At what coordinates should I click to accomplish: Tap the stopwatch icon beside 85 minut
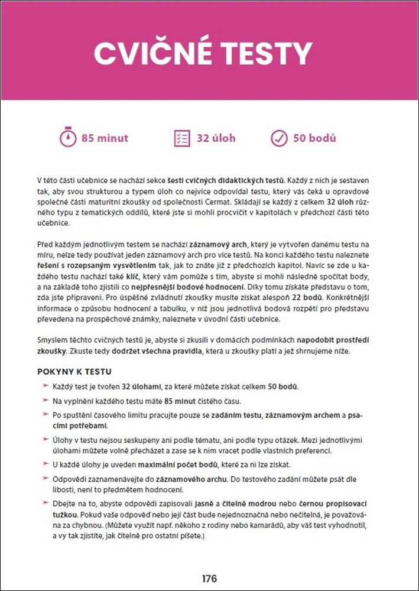click(x=68, y=138)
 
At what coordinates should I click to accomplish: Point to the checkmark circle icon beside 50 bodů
click(x=278, y=138)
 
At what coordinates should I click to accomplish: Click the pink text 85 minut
click(x=105, y=138)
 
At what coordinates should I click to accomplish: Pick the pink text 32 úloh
click(x=216, y=138)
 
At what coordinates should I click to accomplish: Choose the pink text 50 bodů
click(x=314, y=138)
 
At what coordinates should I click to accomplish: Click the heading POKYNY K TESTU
click(x=74, y=372)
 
